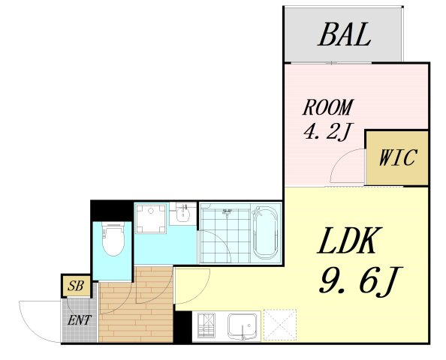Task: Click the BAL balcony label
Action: (x=345, y=34)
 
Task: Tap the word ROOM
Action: (x=328, y=107)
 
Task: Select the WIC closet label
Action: (x=398, y=157)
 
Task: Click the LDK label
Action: (x=349, y=241)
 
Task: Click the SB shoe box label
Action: (x=76, y=286)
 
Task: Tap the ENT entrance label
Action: (x=80, y=320)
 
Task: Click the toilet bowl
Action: (x=113, y=238)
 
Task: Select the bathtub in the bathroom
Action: (x=265, y=232)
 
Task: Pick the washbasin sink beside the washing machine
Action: (x=182, y=214)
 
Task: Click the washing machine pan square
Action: (x=151, y=218)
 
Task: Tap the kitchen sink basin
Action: (x=243, y=326)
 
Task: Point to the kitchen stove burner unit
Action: (x=206, y=325)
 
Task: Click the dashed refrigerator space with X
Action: (x=280, y=325)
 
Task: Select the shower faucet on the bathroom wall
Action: (x=227, y=212)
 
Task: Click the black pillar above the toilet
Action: (x=112, y=211)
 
